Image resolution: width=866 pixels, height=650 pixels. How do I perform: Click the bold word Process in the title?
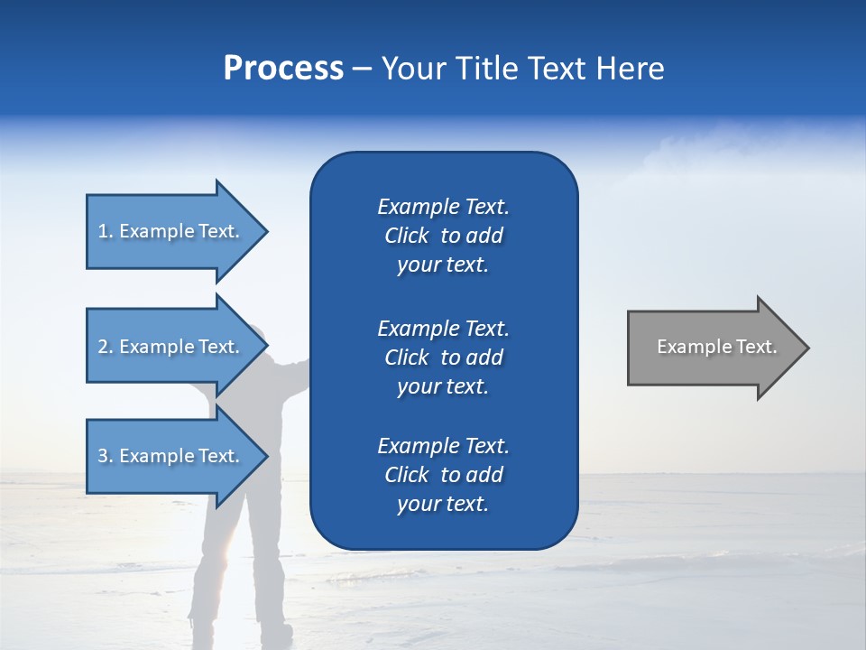(283, 69)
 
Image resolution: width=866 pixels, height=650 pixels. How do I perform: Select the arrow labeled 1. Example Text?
(171, 231)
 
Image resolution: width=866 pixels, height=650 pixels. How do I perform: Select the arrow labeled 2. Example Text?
(171, 347)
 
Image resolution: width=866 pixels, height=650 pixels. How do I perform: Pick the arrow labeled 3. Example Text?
(171, 456)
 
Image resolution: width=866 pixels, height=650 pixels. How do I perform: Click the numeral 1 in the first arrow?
(103, 231)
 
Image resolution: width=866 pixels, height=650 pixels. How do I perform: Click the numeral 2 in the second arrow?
(103, 347)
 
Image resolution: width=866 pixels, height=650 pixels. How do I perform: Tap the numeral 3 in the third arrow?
(103, 456)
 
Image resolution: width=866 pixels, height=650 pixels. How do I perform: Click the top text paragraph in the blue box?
(443, 236)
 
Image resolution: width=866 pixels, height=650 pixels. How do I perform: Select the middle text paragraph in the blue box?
(443, 357)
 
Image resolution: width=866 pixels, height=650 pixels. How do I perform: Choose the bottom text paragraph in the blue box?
(443, 475)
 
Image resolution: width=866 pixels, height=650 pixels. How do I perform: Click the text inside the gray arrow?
(716, 347)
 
